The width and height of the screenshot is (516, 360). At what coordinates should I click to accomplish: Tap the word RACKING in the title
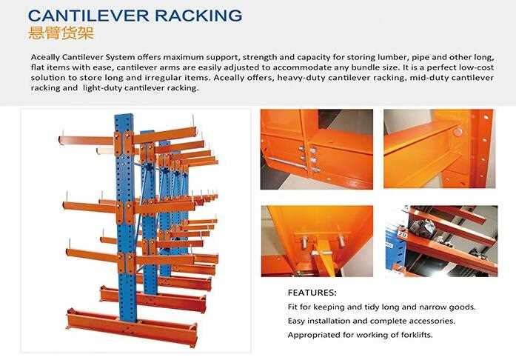click(x=197, y=15)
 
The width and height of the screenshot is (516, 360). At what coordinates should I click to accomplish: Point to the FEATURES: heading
click(x=312, y=293)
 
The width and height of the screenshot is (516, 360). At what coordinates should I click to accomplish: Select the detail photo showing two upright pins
click(x=315, y=240)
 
